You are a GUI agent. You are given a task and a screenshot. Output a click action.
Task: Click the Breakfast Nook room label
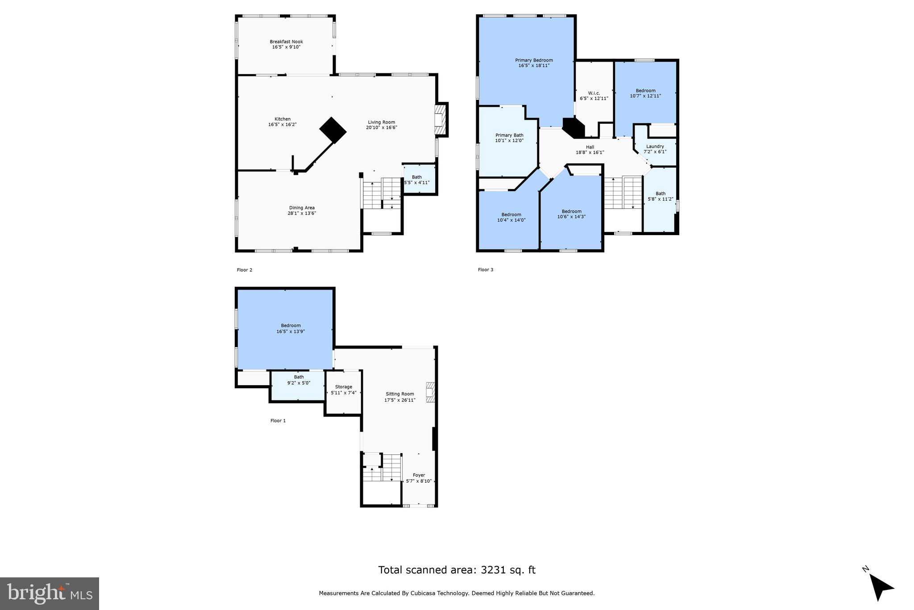tap(286, 42)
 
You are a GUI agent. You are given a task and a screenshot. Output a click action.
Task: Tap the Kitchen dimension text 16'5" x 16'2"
tap(282, 125)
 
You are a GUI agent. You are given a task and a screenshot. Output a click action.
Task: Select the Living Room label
tap(381, 122)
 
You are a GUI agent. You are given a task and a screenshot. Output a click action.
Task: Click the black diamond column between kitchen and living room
tap(333, 130)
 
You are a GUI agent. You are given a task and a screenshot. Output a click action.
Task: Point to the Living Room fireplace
tap(440, 119)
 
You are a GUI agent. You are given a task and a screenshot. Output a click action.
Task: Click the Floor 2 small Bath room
tap(419, 180)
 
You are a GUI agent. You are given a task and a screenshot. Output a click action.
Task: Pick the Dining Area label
tap(302, 207)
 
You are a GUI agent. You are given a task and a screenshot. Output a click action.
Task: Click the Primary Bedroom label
tap(534, 60)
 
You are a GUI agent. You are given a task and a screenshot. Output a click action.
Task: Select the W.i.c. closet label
tap(594, 93)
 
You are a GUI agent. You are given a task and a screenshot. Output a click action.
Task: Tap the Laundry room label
tap(655, 146)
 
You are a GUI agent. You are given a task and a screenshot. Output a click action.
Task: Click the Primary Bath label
tap(509, 135)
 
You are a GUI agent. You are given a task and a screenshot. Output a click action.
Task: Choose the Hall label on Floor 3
tap(590, 147)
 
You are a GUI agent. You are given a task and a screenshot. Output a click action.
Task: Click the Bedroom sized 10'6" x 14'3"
tap(571, 214)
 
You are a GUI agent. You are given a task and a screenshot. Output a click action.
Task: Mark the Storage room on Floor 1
tap(343, 390)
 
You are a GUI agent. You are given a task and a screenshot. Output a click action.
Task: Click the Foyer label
tap(419, 475)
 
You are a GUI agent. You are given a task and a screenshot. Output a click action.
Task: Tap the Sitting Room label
tap(400, 394)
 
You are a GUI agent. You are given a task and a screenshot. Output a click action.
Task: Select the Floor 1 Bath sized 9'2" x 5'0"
tap(299, 380)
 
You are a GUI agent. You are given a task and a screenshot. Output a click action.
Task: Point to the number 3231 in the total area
tap(493, 570)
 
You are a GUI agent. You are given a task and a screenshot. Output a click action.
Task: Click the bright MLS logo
tap(49, 593)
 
